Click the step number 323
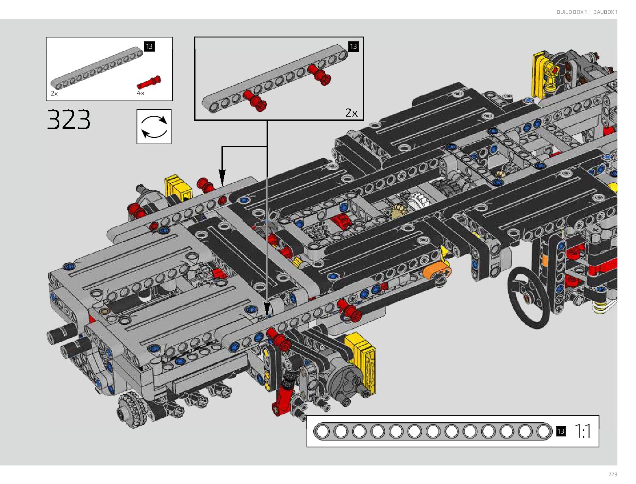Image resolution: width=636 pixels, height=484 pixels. pyautogui.click(x=69, y=119)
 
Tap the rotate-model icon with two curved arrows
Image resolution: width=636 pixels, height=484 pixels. pyautogui.click(x=154, y=127)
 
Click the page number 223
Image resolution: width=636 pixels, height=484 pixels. pyautogui.click(x=612, y=475)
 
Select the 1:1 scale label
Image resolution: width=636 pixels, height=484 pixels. pyautogui.click(x=583, y=432)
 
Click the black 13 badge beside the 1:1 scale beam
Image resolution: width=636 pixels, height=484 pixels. pyautogui.click(x=561, y=432)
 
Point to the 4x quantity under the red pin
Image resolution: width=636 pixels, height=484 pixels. pyautogui.click(x=141, y=93)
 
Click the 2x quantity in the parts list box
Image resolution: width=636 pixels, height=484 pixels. pyautogui.click(x=54, y=93)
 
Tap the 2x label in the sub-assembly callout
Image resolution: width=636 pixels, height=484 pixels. pyautogui.click(x=351, y=113)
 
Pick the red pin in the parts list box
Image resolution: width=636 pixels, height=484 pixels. pyautogui.click(x=149, y=82)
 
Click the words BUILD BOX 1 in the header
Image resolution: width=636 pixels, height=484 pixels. pyautogui.click(x=571, y=12)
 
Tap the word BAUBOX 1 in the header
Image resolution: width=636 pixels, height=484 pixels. pyautogui.click(x=605, y=12)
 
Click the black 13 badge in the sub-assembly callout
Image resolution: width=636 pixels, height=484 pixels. pyautogui.click(x=353, y=46)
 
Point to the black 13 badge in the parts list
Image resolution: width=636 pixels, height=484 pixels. pyautogui.click(x=149, y=46)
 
